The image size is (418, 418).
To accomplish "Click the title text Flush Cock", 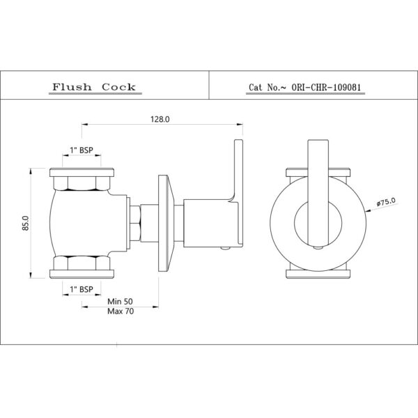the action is click(x=94, y=87).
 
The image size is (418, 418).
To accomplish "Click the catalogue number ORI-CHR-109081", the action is click(x=326, y=87).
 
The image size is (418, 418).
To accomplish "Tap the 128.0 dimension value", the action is click(x=160, y=119).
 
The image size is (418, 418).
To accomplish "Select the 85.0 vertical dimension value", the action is click(x=26, y=223).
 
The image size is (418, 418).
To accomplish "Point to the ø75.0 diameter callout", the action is click(x=386, y=202).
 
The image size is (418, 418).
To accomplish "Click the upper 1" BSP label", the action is click(x=82, y=150).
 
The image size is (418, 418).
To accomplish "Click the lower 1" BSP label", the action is click(x=82, y=289).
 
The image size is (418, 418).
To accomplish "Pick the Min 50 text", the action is click(x=120, y=302).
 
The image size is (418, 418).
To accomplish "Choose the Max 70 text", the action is click(x=121, y=311).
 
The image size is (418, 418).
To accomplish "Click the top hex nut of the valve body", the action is click(x=82, y=183).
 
